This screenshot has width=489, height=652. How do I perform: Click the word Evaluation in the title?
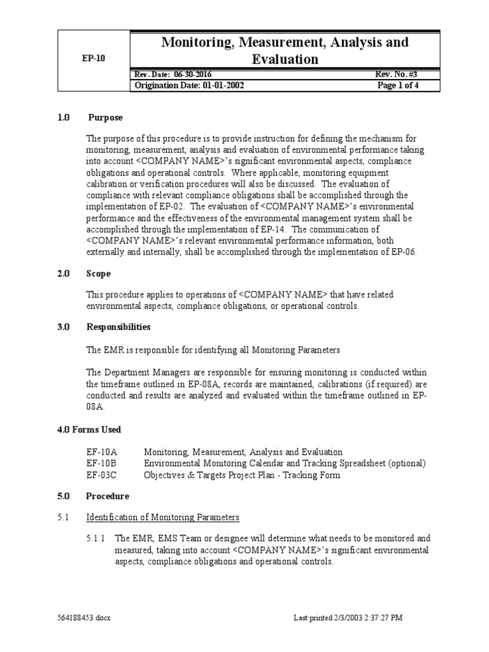pyautogui.click(x=285, y=59)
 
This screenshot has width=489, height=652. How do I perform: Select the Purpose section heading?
pyautogui.click(x=105, y=118)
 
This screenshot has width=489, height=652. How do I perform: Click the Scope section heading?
pyautogui.click(x=99, y=274)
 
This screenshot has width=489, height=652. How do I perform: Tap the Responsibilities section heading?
pyautogui.click(x=118, y=327)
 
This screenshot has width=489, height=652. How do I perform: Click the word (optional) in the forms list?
pyautogui.click(x=407, y=464)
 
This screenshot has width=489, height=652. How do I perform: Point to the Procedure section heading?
pyautogui.click(x=108, y=496)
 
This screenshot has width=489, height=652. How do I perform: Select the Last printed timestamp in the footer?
pyautogui.click(x=348, y=618)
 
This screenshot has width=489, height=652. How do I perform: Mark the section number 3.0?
pyautogui.click(x=64, y=327)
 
